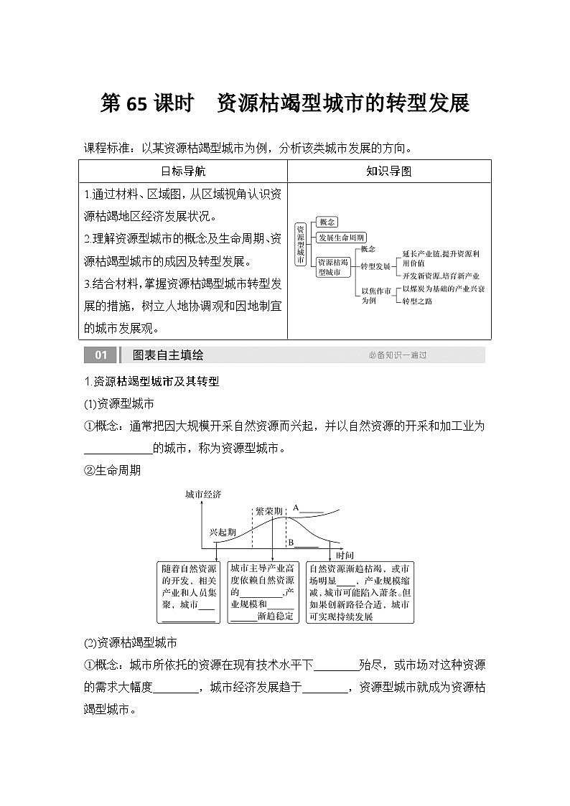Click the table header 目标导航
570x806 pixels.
point(182,172)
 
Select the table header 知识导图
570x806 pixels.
point(388,172)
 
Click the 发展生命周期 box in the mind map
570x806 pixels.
point(342,238)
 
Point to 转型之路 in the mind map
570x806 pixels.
point(417,301)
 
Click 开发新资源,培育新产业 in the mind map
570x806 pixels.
point(441,276)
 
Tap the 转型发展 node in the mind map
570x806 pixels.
point(375,266)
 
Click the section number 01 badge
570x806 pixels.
point(101,355)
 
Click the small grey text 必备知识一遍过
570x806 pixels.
point(398,355)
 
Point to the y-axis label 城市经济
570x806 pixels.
point(203,495)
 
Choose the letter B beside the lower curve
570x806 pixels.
point(291,543)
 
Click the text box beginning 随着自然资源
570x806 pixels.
point(188,592)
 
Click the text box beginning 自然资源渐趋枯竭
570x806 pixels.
point(360,592)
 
